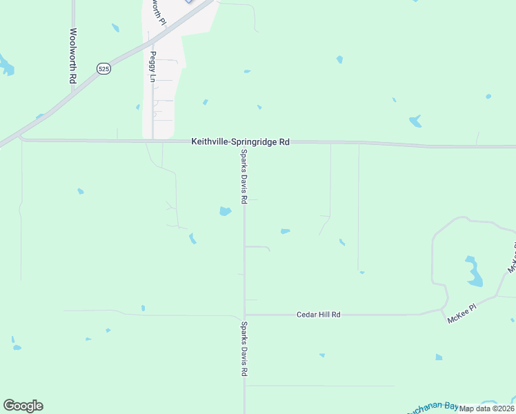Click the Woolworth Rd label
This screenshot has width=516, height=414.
pos(72,56)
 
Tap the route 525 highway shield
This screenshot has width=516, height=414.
pos(103,69)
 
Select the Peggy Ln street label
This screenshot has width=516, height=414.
pos(152,66)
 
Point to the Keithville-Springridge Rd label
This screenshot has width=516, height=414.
pos(240,141)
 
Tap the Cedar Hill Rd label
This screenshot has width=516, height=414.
pos(319,315)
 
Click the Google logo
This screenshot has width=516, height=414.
pos(23,406)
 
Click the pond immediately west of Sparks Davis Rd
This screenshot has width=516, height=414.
pos(225,211)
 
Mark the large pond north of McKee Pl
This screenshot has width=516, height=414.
pos(473,272)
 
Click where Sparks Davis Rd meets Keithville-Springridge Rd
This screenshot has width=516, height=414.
pos(244,142)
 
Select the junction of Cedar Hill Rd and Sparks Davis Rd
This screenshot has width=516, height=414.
pos(244,315)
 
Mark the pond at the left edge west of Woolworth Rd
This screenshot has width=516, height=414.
pos(6,66)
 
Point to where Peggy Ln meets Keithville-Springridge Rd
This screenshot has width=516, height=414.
pos(152,141)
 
